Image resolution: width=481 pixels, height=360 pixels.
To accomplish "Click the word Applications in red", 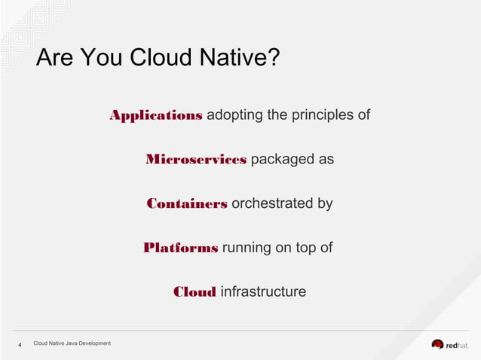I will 155,115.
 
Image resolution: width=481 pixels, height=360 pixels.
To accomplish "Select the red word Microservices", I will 196,160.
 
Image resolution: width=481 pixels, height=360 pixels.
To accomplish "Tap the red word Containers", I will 187,203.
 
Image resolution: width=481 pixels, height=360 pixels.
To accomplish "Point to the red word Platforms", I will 180,248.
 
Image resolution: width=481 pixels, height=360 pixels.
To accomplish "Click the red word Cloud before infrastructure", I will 195,292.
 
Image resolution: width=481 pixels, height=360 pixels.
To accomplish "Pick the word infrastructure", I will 263,291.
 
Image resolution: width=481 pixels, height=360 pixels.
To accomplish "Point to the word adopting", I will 234,115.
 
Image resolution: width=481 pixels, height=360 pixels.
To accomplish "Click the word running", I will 247,248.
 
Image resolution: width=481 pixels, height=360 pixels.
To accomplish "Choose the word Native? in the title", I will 239,58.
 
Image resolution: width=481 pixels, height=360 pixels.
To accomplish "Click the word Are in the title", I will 54,58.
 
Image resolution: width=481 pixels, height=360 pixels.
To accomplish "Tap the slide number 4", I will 20,345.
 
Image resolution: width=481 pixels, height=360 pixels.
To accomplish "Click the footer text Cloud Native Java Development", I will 72,343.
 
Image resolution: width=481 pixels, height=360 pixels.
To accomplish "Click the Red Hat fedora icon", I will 437,344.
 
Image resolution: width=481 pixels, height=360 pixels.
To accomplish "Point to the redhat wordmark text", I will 457,345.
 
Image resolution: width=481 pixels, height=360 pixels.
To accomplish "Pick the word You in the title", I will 100,58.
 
